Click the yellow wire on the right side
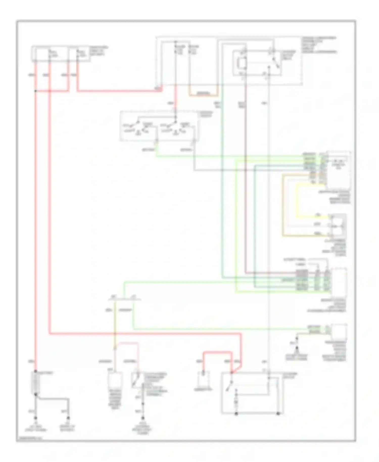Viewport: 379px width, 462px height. (x=297, y=202)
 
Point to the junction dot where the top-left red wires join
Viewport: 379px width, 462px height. (x=36, y=91)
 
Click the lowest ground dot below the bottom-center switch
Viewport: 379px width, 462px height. (x=143, y=418)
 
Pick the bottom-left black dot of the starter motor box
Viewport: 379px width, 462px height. (x=236, y=414)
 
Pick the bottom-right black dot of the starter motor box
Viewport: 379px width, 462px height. (x=278, y=414)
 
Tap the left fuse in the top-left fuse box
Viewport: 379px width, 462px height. (x=50, y=54)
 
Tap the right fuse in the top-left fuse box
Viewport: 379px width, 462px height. (x=78, y=54)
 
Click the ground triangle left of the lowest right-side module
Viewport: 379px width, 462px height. (x=297, y=349)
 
